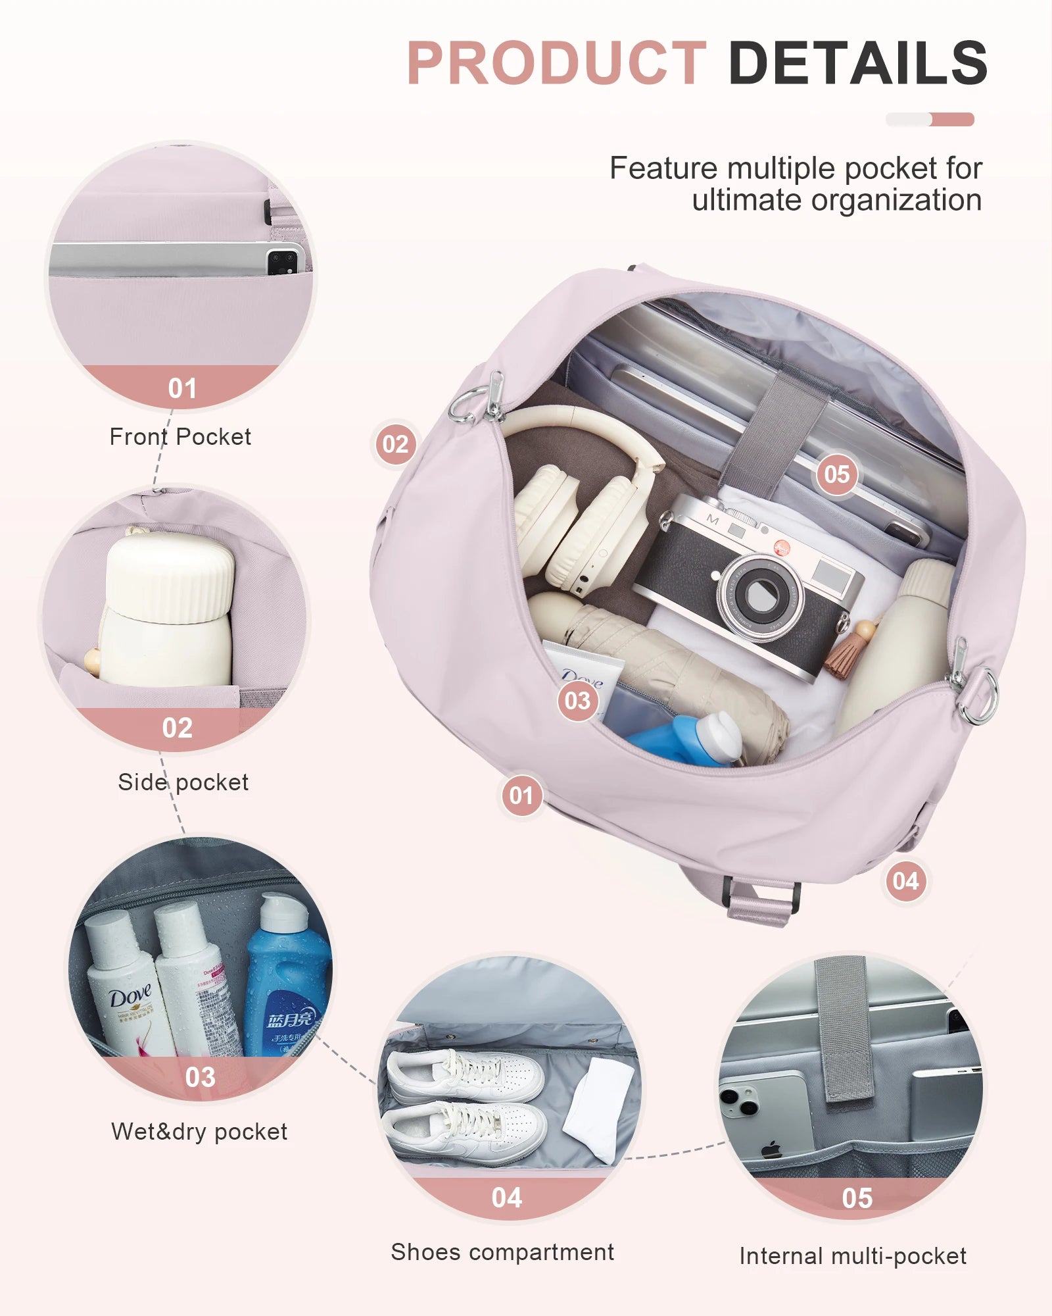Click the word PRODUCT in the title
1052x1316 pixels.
556,63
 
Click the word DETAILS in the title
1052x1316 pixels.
857,63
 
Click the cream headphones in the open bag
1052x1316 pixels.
579,507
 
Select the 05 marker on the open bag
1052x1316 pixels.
836,474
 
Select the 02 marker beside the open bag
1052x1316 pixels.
395,444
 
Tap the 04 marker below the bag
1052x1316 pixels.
905,880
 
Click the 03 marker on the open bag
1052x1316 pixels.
577,700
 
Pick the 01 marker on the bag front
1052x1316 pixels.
521,796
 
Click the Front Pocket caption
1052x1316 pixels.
180,437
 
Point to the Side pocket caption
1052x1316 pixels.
183,782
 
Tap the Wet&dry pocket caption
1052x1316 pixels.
199,1132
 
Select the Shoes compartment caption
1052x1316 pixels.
502,1252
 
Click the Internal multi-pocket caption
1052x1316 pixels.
853,1256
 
